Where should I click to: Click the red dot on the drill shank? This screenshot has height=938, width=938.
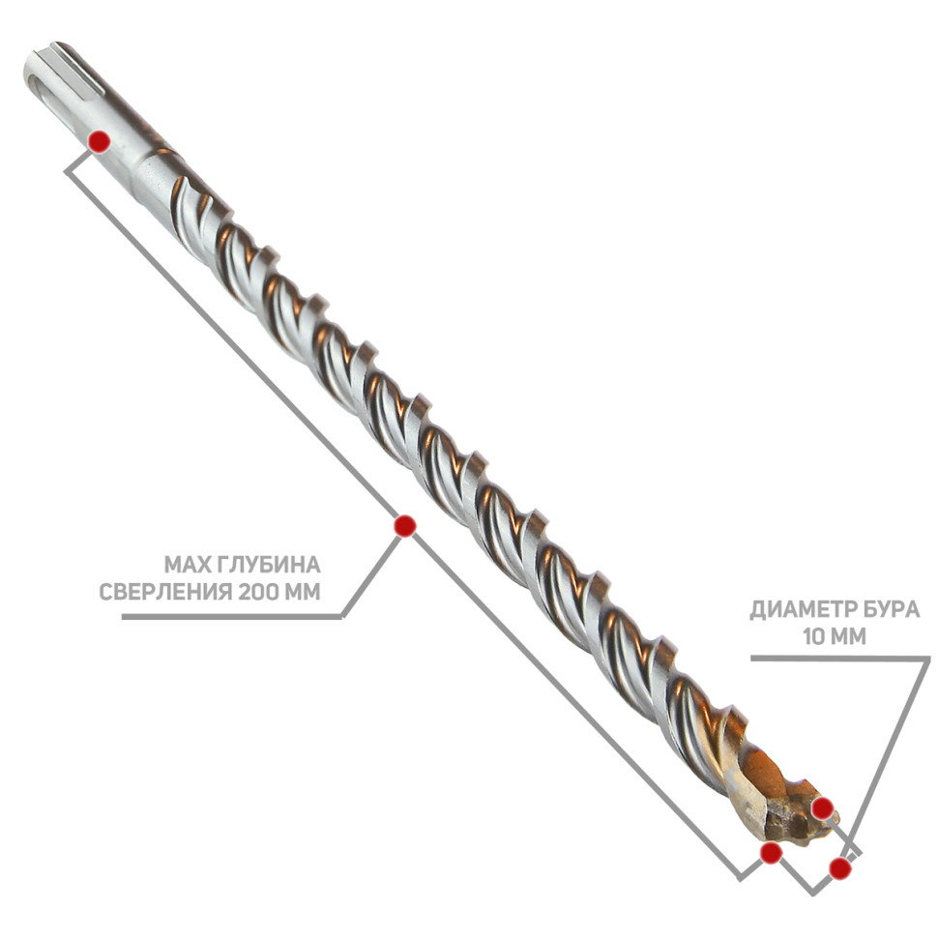[99, 142]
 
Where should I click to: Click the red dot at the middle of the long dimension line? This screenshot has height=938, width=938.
[405, 526]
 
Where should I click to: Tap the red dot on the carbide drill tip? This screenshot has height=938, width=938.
[823, 808]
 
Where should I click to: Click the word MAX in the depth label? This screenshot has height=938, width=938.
[184, 565]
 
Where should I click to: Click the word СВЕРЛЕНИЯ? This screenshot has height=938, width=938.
[165, 592]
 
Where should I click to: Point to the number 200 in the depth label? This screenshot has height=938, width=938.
[259, 592]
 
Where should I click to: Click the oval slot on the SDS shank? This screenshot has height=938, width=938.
[38, 76]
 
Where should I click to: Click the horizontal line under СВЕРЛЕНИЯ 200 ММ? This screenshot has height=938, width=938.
[231, 617]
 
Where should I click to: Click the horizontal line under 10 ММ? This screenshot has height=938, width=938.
[840, 658]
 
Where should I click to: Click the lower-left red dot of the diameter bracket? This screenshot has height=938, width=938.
[771, 853]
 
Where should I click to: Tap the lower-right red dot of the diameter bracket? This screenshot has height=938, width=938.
[840, 868]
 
